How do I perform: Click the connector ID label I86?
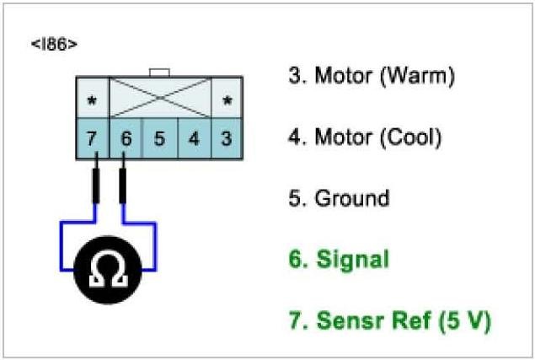54,43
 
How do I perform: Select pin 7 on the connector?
92,138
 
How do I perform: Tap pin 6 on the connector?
126,138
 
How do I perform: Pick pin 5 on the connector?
159,138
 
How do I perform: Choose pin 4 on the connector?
193,138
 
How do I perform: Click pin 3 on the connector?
226,138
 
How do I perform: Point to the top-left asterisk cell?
92,99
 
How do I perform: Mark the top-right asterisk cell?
226,99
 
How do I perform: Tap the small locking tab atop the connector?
159,73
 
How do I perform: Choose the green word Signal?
351,260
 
